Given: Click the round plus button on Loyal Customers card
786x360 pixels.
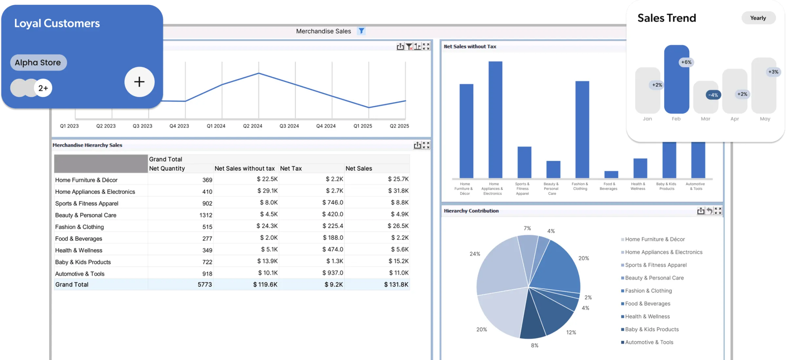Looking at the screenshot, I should [139, 82].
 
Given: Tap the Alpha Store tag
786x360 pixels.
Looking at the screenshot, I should [38, 63].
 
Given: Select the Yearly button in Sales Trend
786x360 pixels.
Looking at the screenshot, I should [758, 18].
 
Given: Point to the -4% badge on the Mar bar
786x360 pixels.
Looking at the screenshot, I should [713, 95].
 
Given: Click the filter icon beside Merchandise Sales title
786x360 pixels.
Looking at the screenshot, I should [361, 31].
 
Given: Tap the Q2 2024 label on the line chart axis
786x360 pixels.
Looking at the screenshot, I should [252, 126].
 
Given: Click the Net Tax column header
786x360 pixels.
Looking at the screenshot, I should [291, 168].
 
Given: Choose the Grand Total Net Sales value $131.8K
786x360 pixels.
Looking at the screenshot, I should [396, 285].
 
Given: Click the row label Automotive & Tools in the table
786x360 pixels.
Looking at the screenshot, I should [80, 274].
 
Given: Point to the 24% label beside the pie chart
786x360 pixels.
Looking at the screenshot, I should [475, 254].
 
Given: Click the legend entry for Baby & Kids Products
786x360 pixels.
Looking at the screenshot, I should [651, 330].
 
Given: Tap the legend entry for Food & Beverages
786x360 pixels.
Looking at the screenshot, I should [647, 304].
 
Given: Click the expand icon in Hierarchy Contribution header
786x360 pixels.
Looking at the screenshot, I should [718, 211].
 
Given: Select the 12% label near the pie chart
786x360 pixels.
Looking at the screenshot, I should [571, 332].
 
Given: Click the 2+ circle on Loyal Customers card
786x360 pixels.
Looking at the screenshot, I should [43, 88].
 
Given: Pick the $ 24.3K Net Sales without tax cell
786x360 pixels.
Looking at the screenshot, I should [267, 226].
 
